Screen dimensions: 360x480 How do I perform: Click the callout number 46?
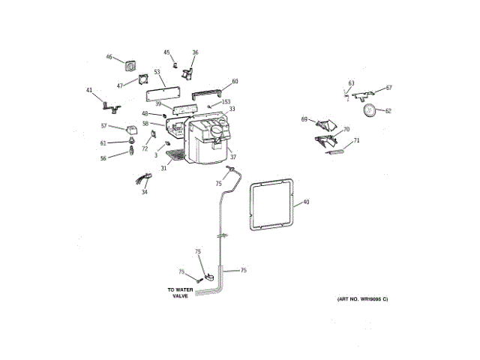click(109, 57)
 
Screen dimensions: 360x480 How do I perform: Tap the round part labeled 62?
click(369, 110)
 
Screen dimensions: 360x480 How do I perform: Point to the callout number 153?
click(226, 101)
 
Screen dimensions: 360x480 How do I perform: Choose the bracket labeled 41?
click(109, 98)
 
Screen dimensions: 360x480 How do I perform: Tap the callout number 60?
click(235, 81)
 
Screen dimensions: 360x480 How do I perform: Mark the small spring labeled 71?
click(335, 154)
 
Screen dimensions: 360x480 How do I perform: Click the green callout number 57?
click(104, 126)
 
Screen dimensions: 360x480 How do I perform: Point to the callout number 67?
click(389, 88)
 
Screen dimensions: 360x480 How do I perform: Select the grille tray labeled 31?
click(175, 156)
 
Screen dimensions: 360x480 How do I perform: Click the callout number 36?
click(195, 52)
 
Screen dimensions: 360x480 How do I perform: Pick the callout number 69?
click(304, 119)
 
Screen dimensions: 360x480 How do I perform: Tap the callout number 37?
click(232, 157)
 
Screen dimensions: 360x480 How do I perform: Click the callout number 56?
click(103, 157)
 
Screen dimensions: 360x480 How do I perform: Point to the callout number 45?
click(166, 52)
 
